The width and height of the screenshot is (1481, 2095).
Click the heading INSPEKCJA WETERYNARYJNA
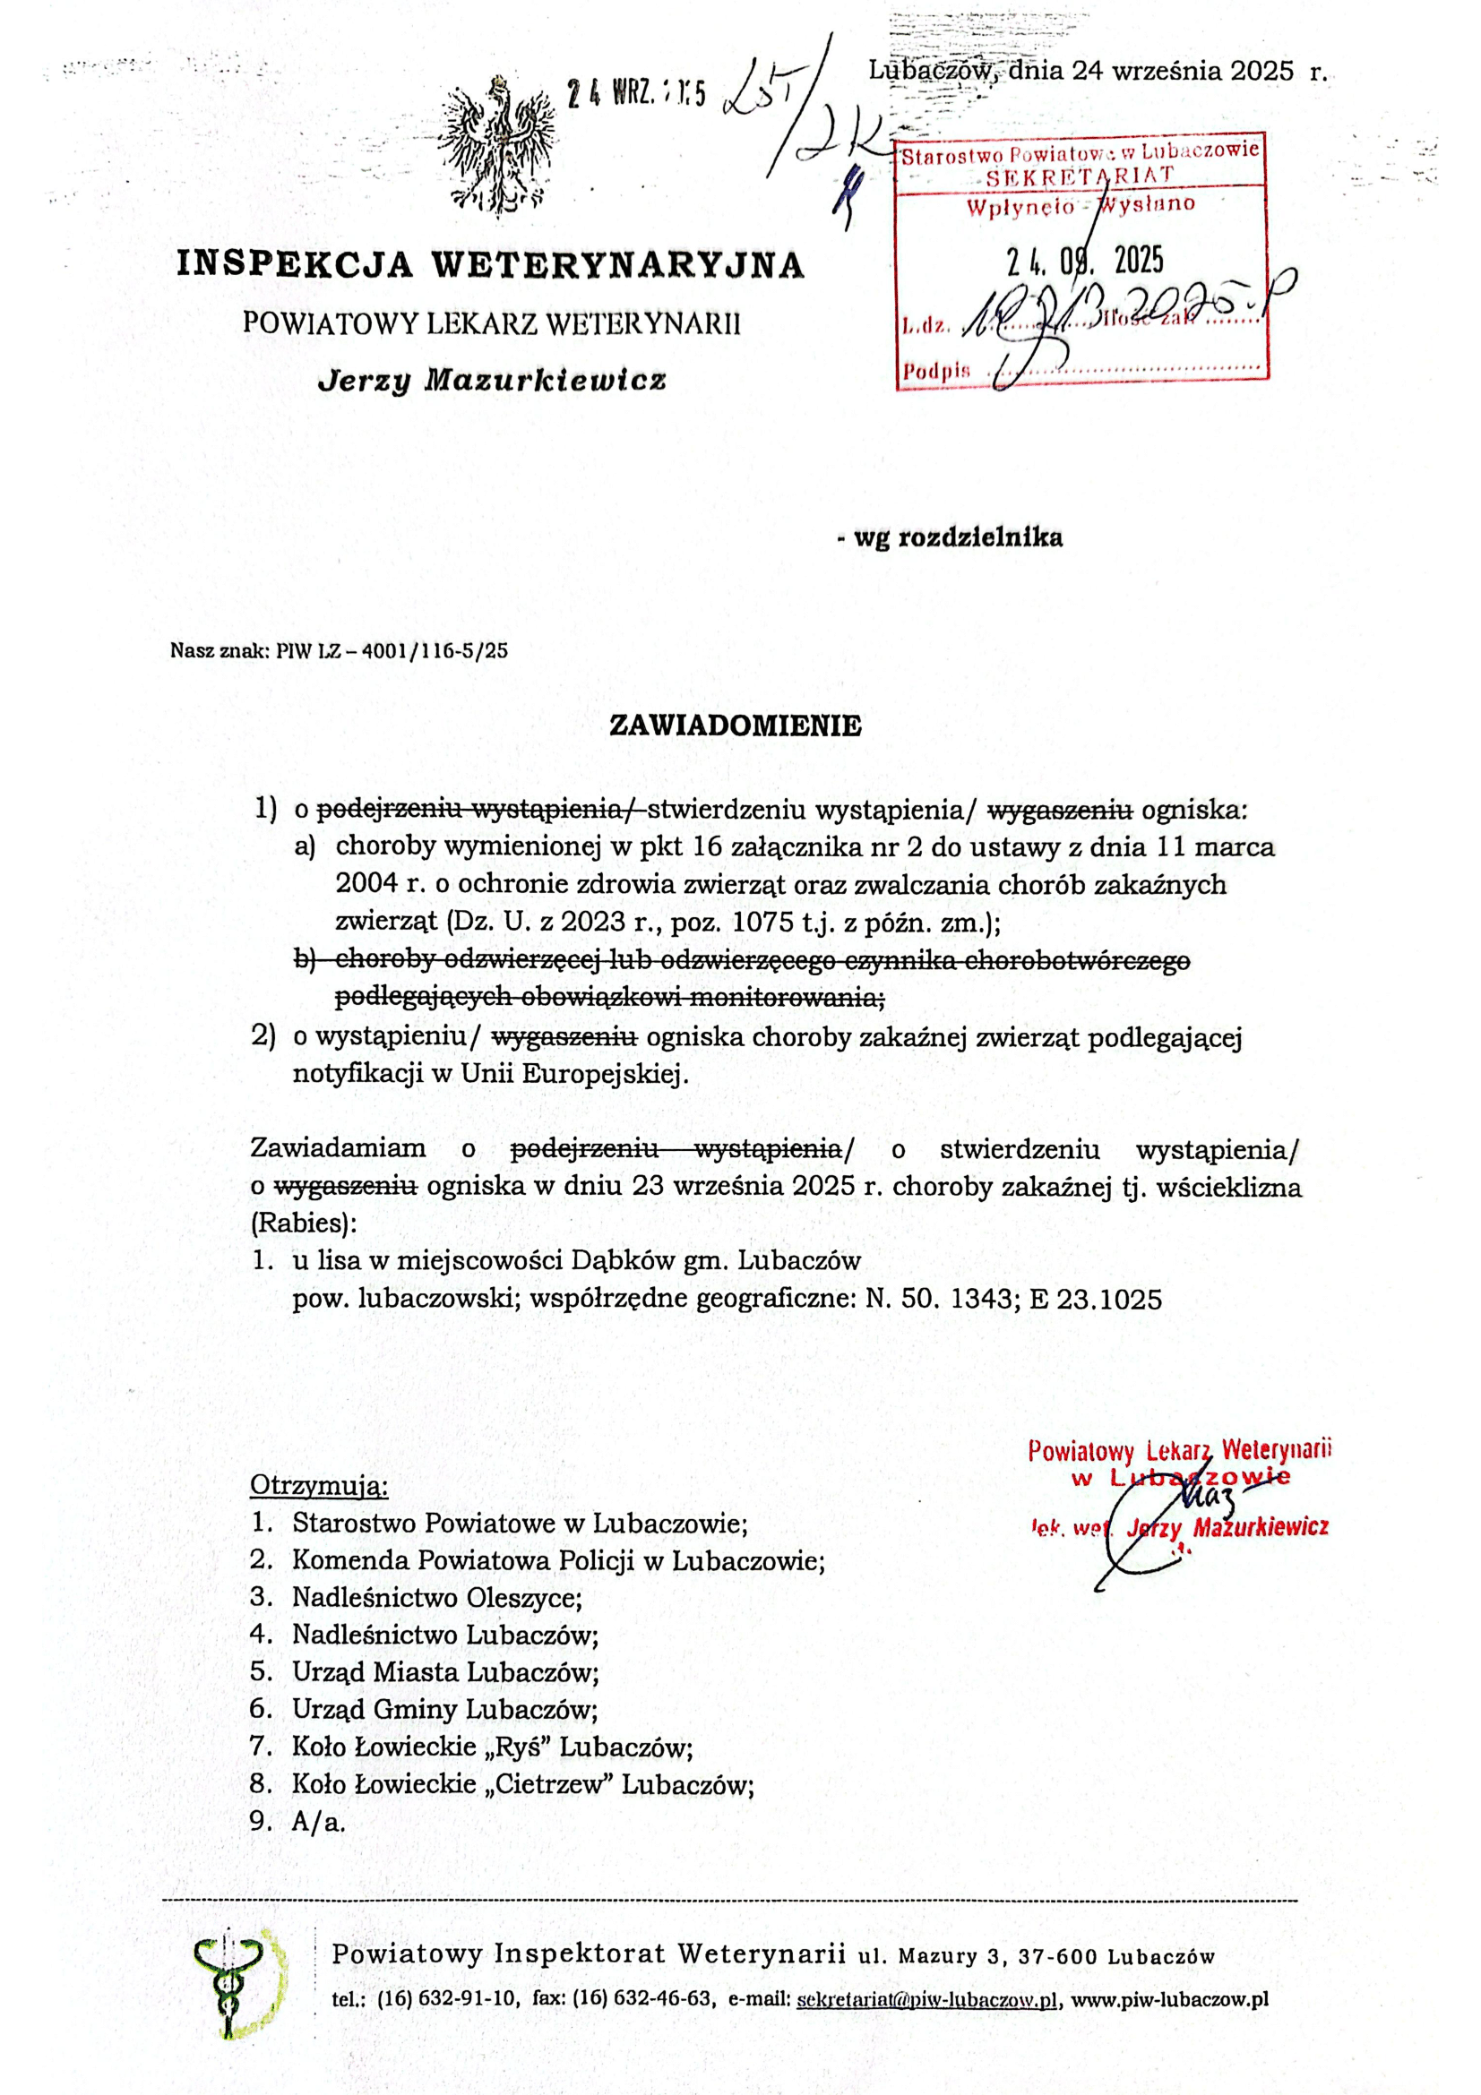pyautogui.click(x=490, y=264)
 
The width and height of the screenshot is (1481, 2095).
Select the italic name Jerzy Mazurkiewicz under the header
pyautogui.click(x=491, y=380)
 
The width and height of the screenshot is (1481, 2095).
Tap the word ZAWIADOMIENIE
pyautogui.click(x=735, y=726)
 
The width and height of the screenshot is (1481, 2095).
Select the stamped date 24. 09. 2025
pyautogui.click(x=1085, y=262)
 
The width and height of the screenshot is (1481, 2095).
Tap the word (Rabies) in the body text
pyautogui.click(x=303, y=1222)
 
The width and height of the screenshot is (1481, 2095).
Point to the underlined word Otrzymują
pyautogui.click(x=318, y=1484)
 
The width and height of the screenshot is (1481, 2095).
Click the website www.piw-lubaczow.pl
pyautogui.click(x=1170, y=1999)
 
